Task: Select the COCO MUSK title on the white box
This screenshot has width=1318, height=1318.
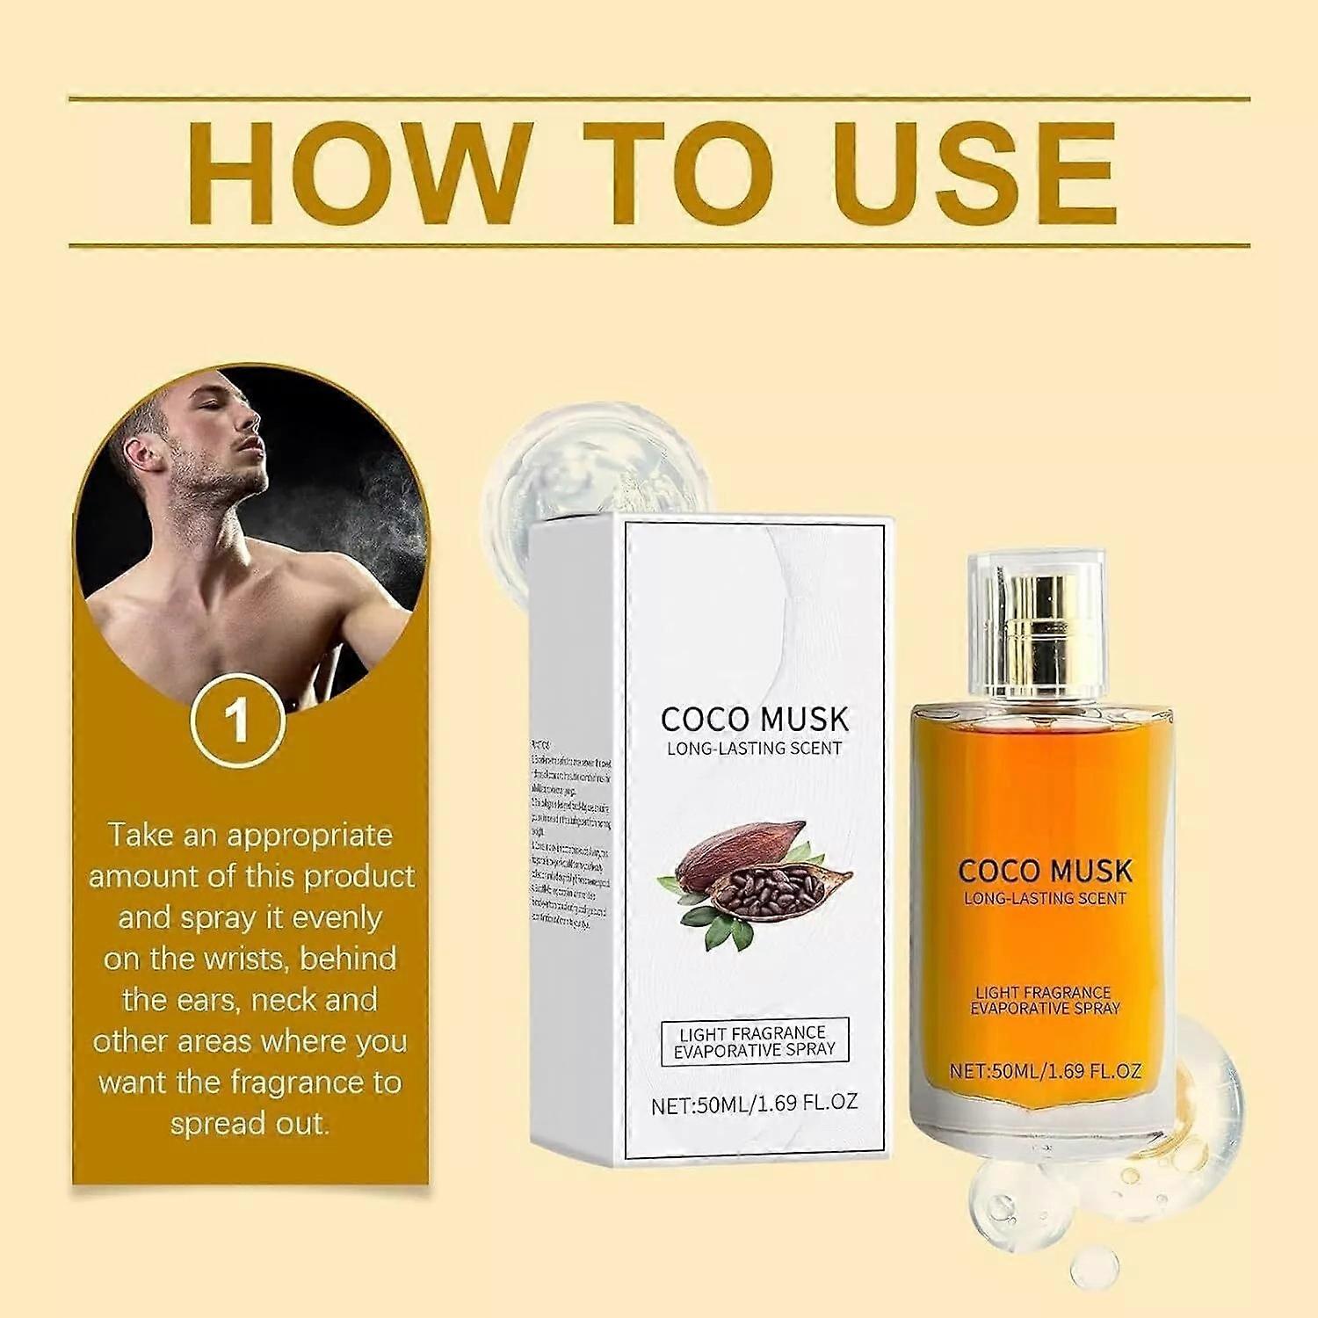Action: (x=755, y=720)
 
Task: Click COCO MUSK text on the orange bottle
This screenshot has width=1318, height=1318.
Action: (x=1045, y=871)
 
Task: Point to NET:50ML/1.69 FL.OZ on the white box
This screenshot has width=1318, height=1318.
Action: (x=754, y=1104)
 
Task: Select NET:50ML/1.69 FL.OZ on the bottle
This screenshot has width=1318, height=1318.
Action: (x=1045, y=1071)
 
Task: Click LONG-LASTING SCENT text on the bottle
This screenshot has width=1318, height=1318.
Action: (x=1045, y=898)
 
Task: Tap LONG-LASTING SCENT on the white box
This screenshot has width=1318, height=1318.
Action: (x=755, y=749)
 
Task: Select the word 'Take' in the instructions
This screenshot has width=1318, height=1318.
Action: (x=141, y=835)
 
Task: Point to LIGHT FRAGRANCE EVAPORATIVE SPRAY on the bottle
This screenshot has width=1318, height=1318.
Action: (x=1045, y=1000)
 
